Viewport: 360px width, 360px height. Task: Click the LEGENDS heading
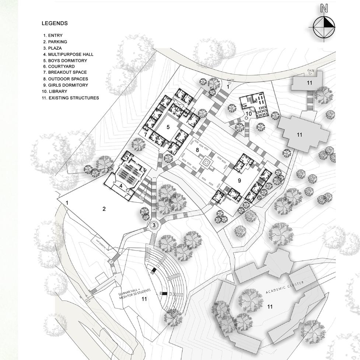click(x=55, y=23)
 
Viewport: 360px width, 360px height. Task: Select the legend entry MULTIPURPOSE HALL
click(x=68, y=54)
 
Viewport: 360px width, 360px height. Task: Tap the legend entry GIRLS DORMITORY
click(x=66, y=85)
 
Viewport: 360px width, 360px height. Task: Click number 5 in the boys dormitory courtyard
click(x=168, y=127)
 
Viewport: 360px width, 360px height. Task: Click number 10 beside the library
click(x=249, y=113)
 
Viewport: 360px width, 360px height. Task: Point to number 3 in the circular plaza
click(x=154, y=225)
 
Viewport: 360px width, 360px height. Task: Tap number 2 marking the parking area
click(x=104, y=209)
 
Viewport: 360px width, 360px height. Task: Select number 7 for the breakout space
click(x=146, y=135)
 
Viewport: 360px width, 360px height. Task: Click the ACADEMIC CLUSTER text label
click(x=284, y=287)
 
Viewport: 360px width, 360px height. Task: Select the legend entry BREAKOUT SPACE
click(x=65, y=73)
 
